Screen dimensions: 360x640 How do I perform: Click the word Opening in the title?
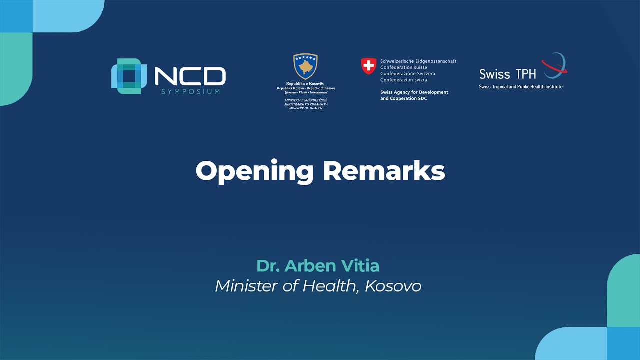click(254, 171)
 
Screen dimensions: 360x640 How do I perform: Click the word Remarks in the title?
click(384, 171)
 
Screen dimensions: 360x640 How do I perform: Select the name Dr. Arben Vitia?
click(318, 266)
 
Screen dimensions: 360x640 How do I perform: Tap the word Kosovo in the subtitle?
click(393, 286)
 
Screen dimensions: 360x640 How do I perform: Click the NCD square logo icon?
click(129, 76)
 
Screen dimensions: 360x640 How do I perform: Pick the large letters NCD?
click(190, 76)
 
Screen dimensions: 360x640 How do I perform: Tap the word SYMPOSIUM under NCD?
click(190, 92)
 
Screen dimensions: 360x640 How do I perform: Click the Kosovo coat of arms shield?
click(306, 66)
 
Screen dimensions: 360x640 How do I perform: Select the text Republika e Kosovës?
click(305, 83)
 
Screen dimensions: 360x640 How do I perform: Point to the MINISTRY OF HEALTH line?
click(305, 108)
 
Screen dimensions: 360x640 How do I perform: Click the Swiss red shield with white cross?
click(368, 66)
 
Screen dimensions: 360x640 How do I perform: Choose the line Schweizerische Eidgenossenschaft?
click(418, 61)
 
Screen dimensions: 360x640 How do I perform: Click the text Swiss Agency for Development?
click(414, 92)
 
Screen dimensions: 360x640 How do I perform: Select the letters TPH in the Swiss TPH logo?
click(525, 74)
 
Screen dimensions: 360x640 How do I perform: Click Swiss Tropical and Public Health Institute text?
click(520, 87)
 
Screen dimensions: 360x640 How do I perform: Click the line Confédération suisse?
click(404, 67)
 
